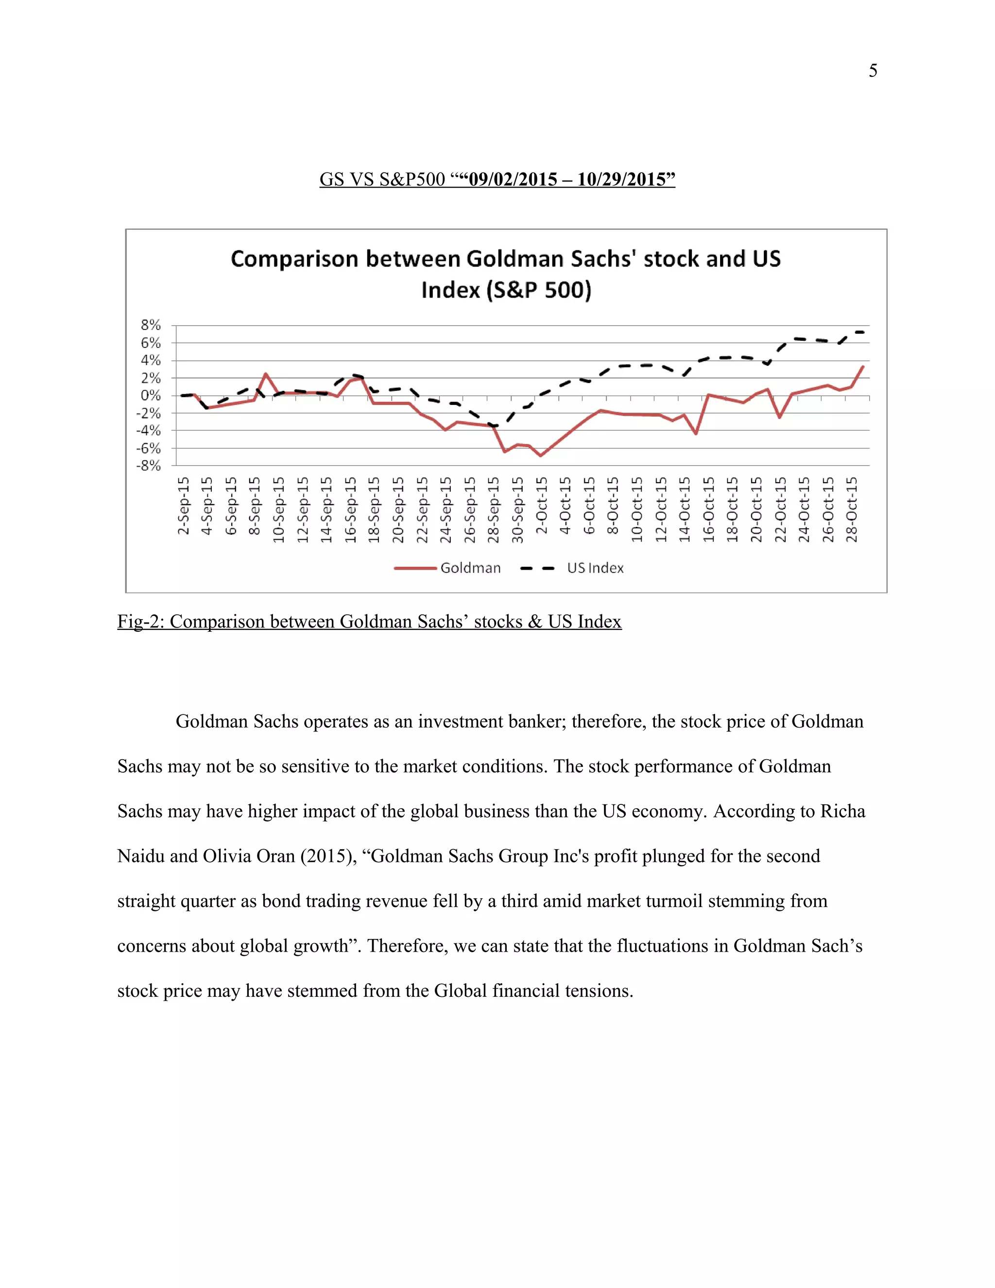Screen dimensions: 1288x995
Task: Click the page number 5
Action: coord(873,71)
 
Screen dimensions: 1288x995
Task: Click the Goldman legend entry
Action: coord(470,568)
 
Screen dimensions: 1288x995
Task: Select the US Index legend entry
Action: coord(595,568)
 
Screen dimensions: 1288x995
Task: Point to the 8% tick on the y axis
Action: coord(151,325)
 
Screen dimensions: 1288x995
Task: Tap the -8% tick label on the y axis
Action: coord(149,466)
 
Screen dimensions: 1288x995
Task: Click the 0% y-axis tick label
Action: coord(151,396)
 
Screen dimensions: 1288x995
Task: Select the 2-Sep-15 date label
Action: coord(184,506)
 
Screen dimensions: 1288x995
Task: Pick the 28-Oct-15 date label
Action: coord(852,509)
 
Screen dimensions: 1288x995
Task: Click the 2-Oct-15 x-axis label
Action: coord(542,506)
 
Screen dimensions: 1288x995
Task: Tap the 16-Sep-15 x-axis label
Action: coord(351,509)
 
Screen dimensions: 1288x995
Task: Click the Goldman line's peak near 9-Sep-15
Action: coord(266,373)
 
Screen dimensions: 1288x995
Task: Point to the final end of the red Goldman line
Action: coord(863,366)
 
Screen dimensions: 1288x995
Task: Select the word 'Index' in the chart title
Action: coord(450,290)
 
